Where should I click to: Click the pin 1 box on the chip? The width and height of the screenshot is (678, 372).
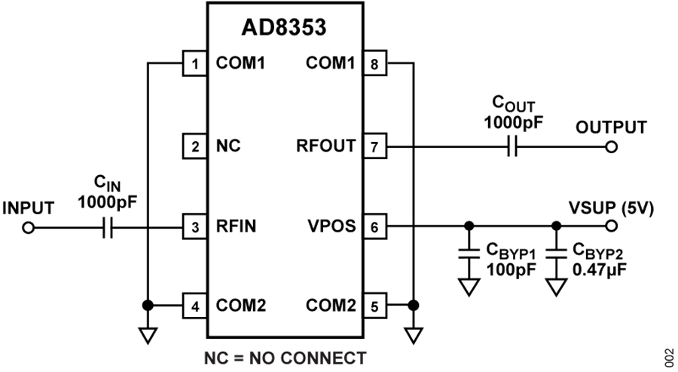(195, 64)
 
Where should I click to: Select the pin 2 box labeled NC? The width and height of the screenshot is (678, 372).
(195, 145)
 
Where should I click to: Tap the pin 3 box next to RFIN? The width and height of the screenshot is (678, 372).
(195, 226)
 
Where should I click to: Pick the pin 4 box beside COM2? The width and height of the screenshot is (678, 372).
(195, 306)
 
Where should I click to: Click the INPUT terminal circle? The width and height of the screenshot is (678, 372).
(29, 226)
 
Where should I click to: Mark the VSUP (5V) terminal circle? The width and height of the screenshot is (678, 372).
(611, 226)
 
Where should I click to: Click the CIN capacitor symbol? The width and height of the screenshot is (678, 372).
(108, 226)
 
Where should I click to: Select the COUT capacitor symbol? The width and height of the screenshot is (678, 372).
(512, 146)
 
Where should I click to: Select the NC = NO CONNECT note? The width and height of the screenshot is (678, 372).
(285, 357)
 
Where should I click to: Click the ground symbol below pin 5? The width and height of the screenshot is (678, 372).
(413, 334)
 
